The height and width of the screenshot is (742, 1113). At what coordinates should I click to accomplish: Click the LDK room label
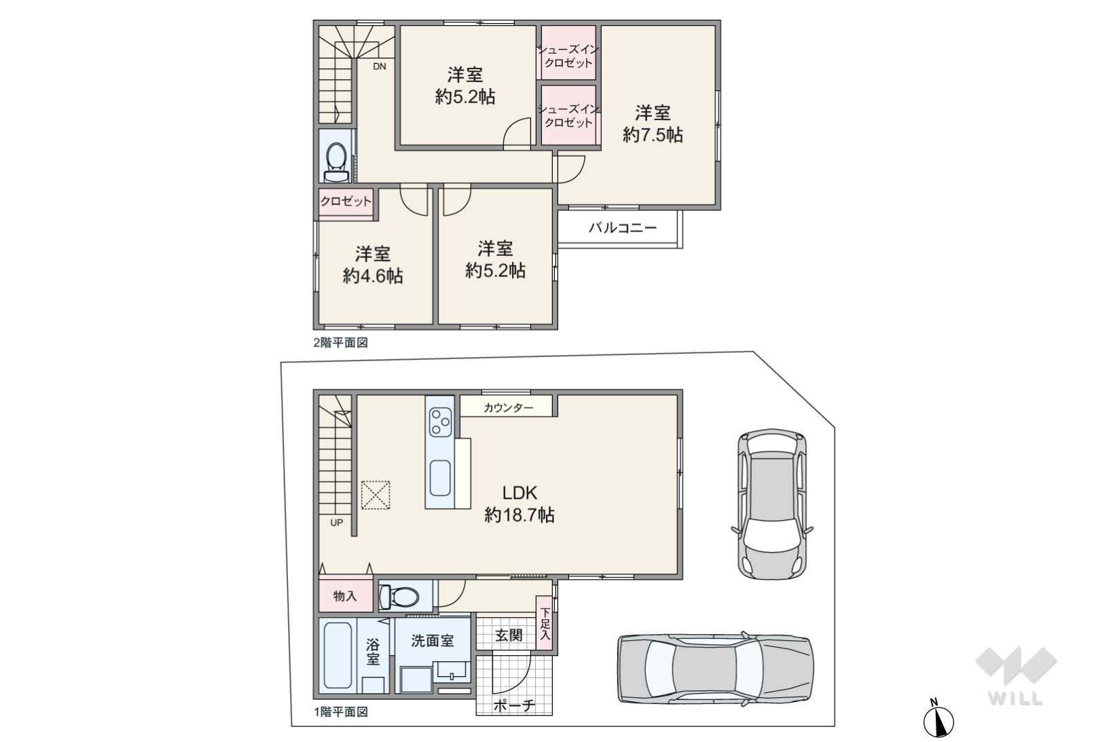click(519, 493)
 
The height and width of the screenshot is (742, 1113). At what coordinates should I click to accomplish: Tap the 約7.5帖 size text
click(653, 135)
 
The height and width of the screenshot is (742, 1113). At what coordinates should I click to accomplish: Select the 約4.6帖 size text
click(373, 276)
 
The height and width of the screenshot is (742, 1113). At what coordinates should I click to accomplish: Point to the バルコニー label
click(623, 228)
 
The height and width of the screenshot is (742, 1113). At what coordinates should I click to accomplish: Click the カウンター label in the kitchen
click(509, 408)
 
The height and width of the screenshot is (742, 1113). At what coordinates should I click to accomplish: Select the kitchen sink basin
click(440, 479)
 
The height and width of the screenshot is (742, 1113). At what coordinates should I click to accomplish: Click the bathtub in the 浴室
click(338, 656)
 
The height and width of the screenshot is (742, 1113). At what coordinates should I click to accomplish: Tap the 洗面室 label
click(433, 641)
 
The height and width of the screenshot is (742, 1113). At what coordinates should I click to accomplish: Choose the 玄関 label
click(509, 635)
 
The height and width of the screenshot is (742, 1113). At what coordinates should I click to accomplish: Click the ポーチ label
click(514, 706)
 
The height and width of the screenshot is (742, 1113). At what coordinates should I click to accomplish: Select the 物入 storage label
click(345, 596)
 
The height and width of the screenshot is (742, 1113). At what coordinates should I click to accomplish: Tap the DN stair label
click(380, 67)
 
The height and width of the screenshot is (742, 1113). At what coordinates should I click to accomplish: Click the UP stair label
click(337, 523)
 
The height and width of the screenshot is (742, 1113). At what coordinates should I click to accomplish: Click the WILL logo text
click(1015, 699)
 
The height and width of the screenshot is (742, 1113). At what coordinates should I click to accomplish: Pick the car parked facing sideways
click(716, 669)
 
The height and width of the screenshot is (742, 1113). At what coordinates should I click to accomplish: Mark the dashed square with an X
click(376, 495)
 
